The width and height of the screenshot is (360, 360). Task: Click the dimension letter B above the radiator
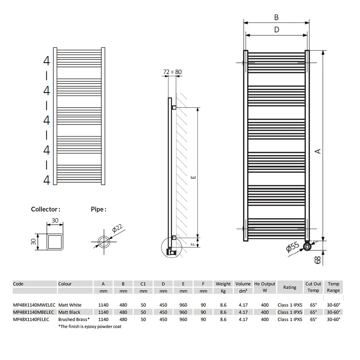point(276,17)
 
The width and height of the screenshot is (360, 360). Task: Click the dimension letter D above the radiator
point(276,29)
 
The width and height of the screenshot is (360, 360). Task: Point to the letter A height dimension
point(318,151)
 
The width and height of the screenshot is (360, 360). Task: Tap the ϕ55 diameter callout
point(293,248)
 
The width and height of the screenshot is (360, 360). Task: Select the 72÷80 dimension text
point(172,72)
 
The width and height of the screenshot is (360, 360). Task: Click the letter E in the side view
point(193,177)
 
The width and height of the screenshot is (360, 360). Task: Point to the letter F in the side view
point(193,244)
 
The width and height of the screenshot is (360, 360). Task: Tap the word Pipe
point(98,209)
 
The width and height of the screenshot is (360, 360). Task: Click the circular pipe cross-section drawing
point(104,241)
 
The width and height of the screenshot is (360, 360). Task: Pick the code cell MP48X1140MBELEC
point(33,312)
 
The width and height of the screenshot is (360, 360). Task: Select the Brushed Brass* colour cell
point(74,319)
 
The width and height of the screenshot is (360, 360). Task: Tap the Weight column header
point(223,284)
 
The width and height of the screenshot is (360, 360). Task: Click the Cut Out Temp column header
point(313,287)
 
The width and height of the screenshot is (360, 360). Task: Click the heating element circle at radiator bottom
point(307,247)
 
